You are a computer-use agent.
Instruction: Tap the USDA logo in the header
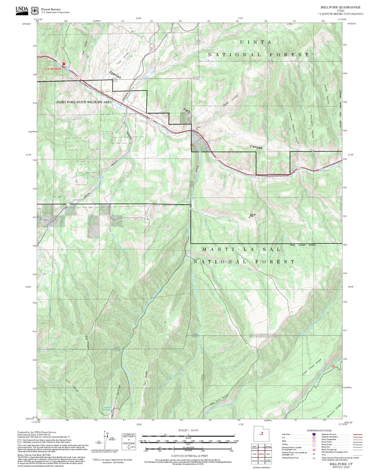click(22, 10)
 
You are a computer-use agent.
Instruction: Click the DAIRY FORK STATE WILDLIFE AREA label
click(84, 102)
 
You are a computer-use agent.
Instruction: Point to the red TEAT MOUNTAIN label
click(53, 69)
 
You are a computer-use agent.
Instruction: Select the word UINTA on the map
click(256, 42)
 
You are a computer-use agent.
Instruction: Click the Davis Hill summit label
click(251, 215)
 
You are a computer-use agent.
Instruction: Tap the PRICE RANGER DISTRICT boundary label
click(303, 245)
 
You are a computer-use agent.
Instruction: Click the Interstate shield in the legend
click(314, 434)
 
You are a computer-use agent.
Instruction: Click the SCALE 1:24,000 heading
click(188, 430)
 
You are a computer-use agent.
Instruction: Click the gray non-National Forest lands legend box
click(19, 441)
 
